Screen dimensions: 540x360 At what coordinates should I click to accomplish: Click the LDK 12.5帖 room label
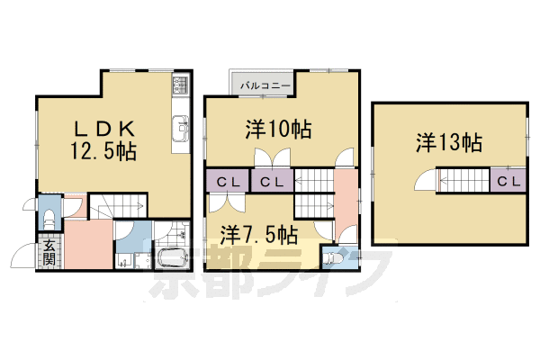tap(103, 140)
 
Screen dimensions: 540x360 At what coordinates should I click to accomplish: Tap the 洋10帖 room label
tap(278, 130)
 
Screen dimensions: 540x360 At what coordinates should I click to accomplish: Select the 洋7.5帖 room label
tap(258, 235)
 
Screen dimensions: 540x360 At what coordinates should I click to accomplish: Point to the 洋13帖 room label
tap(449, 142)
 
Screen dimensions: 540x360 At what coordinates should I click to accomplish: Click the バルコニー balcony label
tap(265, 85)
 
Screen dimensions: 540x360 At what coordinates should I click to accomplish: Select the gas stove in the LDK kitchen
tap(181, 85)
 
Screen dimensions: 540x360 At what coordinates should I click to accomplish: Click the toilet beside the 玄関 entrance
tap(49, 220)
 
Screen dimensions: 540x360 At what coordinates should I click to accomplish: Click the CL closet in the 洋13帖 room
tap(508, 181)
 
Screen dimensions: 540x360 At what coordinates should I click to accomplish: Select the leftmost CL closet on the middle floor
tap(228, 181)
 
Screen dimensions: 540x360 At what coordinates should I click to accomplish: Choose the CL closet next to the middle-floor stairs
tap(272, 181)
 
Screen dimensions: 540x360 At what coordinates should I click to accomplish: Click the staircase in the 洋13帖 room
tap(463, 180)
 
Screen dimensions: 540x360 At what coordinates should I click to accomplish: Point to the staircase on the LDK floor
tap(119, 206)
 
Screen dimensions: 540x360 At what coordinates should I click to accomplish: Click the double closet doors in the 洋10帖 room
tap(273, 158)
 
